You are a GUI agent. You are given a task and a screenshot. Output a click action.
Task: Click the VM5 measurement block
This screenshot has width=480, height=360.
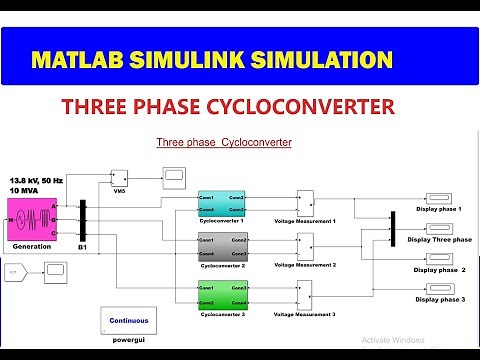[118, 179]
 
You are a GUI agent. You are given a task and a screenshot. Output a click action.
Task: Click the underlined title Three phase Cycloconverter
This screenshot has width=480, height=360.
[223, 143]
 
